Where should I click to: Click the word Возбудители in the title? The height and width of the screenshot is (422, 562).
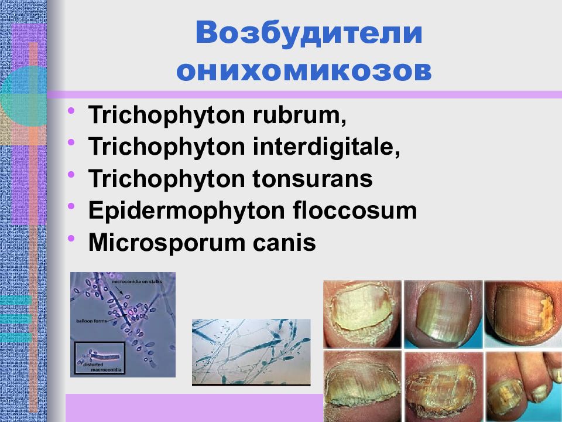tap(309, 33)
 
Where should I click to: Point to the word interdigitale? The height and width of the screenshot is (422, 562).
tap(327, 147)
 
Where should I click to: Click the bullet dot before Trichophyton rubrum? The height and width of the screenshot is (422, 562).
tap(71, 111)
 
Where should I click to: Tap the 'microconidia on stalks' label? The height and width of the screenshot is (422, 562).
tap(134, 283)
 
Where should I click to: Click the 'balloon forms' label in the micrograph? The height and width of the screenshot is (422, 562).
tap(91, 321)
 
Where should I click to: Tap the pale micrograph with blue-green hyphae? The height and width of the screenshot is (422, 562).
tap(251, 351)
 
